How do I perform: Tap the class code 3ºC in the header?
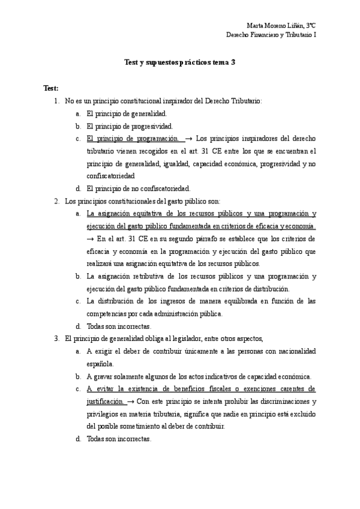pos(310,26)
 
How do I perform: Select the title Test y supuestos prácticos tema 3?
pos(179,62)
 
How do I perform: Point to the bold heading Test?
pos(51,88)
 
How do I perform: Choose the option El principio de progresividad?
pos(130,126)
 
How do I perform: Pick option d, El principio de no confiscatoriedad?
pos(138,188)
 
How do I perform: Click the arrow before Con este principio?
pos(131,401)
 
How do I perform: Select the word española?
pos(100,364)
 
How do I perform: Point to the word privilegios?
pos(104,414)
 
